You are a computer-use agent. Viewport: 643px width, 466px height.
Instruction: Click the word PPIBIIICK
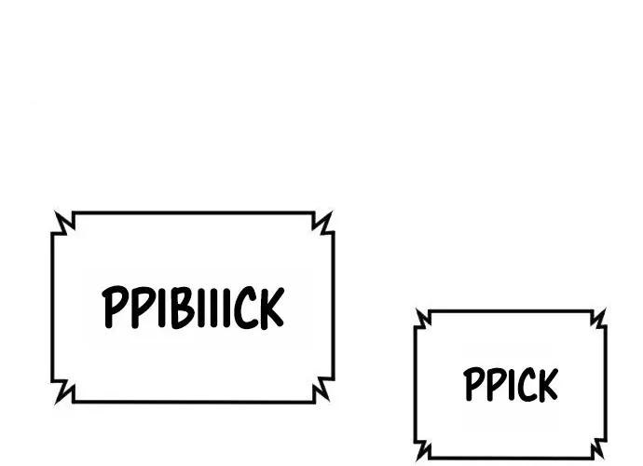click(x=193, y=308)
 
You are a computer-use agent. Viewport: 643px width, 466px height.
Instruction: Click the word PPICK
click(x=511, y=384)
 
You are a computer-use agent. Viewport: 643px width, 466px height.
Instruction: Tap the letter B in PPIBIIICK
click(x=182, y=308)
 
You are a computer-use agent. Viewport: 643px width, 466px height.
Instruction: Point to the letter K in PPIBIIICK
click(x=271, y=308)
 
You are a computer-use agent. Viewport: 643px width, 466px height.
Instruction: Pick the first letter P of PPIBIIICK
click(x=115, y=307)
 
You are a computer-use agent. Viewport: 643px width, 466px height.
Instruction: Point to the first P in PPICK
click(x=472, y=384)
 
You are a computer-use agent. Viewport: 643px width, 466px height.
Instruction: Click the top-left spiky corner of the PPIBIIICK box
click(x=55, y=212)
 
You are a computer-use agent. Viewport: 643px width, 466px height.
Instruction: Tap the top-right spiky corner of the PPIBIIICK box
click(x=332, y=212)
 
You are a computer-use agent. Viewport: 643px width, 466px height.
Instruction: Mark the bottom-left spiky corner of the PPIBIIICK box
click(x=55, y=404)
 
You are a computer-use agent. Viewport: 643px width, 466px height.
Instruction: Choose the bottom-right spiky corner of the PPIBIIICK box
click(x=329, y=401)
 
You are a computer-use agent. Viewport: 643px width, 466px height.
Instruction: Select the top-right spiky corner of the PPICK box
click(x=605, y=308)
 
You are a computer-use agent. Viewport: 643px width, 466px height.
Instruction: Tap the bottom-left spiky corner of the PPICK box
click(x=417, y=459)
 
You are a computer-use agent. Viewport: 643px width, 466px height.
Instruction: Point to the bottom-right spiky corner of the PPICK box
click(x=604, y=459)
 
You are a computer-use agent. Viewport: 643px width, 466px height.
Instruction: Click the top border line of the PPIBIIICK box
click(x=193, y=212)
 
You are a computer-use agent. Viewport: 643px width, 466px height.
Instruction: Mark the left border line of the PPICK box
click(x=416, y=384)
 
